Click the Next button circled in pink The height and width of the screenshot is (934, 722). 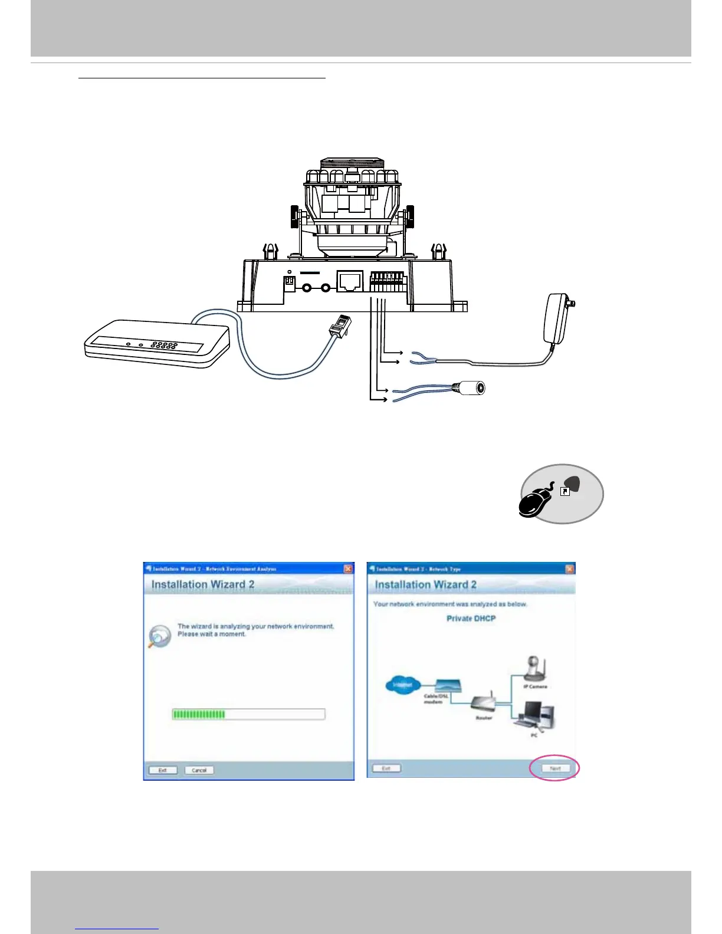coord(555,768)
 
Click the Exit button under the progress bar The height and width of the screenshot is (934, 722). coord(162,770)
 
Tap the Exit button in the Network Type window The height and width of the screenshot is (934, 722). coord(386,768)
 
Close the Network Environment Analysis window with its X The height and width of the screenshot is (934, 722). coord(348,568)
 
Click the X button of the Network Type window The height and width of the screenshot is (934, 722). coord(569,568)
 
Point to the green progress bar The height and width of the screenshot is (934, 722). coord(199,714)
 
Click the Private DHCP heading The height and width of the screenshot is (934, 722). coord(471,619)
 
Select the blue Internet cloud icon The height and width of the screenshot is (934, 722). coord(402,685)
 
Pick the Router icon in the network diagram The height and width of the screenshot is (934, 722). coord(483,703)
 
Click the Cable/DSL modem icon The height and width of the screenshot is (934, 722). coord(448,686)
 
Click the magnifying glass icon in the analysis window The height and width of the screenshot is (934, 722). coord(159,636)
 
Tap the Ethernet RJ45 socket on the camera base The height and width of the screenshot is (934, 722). coord(349,281)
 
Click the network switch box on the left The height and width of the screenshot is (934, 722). coord(157,343)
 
